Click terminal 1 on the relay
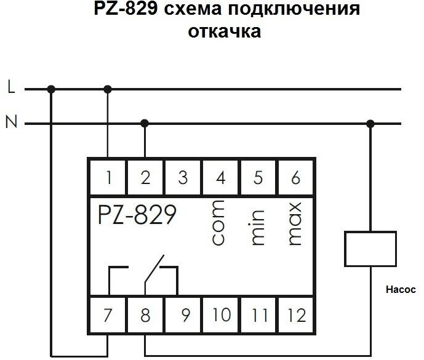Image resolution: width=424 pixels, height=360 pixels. (x=108, y=178)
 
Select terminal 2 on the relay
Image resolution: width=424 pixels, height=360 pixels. (x=145, y=178)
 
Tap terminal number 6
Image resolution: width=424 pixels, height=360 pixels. (x=296, y=178)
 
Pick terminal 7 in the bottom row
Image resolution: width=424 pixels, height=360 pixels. (x=108, y=316)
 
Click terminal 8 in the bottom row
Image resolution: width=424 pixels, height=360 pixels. (x=145, y=316)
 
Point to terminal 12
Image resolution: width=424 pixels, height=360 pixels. (x=296, y=316)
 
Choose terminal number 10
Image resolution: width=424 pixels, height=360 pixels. (x=222, y=316)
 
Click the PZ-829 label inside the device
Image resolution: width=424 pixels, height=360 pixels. (x=137, y=215)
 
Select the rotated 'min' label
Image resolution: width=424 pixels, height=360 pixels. (x=258, y=228)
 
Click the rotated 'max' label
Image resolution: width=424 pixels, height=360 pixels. (x=295, y=224)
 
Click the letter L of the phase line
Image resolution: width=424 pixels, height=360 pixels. (x=10, y=89)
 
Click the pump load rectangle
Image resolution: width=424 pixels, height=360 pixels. (x=370, y=250)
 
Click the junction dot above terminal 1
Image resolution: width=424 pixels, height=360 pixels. (x=108, y=89)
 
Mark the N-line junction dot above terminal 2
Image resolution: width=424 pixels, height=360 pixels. (x=145, y=124)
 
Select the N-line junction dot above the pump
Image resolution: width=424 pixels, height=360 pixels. (x=370, y=124)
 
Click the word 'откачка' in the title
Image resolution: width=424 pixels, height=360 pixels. (x=224, y=31)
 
